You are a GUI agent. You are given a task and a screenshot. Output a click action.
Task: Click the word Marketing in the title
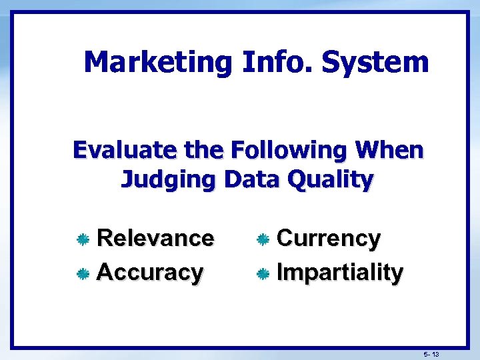click(x=157, y=63)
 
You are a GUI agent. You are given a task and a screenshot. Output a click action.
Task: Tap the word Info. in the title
click(x=276, y=63)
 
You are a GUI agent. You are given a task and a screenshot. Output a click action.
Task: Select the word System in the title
click(x=375, y=63)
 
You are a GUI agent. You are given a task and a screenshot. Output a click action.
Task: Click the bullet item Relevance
click(x=155, y=238)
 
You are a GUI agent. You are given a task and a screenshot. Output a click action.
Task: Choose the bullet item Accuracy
click(x=150, y=272)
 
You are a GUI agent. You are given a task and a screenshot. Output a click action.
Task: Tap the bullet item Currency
click(x=328, y=238)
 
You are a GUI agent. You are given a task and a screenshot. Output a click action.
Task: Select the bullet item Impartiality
click(x=339, y=272)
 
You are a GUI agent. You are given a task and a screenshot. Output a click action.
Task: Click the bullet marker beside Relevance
click(x=83, y=239)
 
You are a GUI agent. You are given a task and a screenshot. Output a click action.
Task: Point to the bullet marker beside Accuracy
click(x=83, y=273)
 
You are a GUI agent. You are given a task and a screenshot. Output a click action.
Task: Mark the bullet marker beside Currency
click(x=263, y=239)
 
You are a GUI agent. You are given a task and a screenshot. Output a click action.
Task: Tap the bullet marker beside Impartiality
click(x=263, y=273)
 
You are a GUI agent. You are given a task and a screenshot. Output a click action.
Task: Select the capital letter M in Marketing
click(x=97, y=63)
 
